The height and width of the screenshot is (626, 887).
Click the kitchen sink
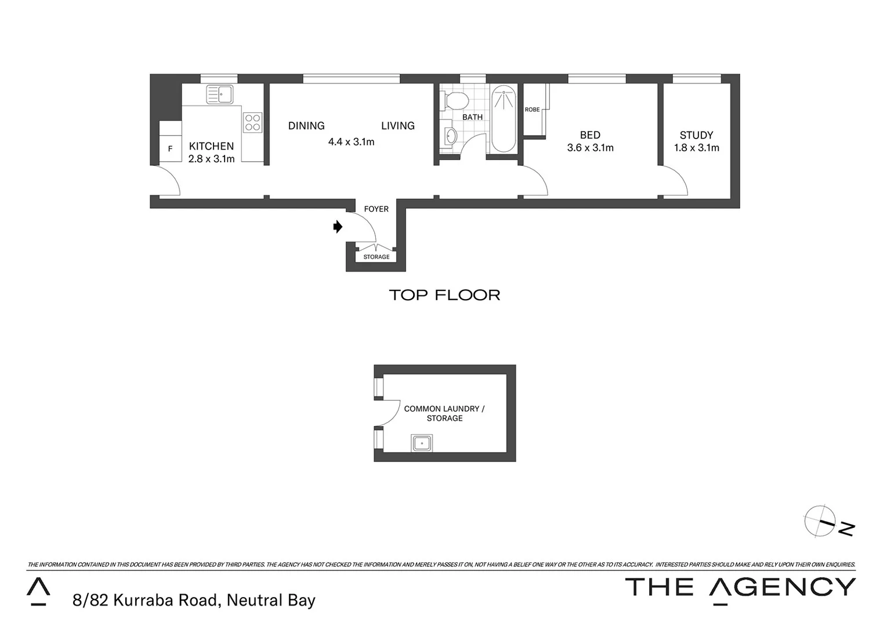coord(219,94)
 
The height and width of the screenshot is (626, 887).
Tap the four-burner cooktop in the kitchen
coord(252,122)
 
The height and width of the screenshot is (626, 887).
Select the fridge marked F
coord(170,149)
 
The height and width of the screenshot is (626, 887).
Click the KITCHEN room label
coord(211,146)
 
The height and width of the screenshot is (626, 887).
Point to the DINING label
coord(306,126)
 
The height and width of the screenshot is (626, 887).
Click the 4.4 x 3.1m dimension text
coord(351,141)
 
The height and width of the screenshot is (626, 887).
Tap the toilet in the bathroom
coord(455,101)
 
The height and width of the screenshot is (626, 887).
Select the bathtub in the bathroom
coord(503,119)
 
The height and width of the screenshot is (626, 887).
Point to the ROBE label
coord(532,110)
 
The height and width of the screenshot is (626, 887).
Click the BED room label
coord(590,135)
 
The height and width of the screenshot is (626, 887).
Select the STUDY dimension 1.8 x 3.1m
coord(696,148)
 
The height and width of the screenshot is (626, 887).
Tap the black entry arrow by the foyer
coord(338,227)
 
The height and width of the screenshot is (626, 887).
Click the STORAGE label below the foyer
coord(376,257)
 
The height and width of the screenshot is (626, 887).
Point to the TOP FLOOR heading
coord(444,295)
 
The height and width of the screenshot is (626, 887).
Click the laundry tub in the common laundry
coord(422,443)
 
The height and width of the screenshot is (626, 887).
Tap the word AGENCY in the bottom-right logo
coord(782,588)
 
